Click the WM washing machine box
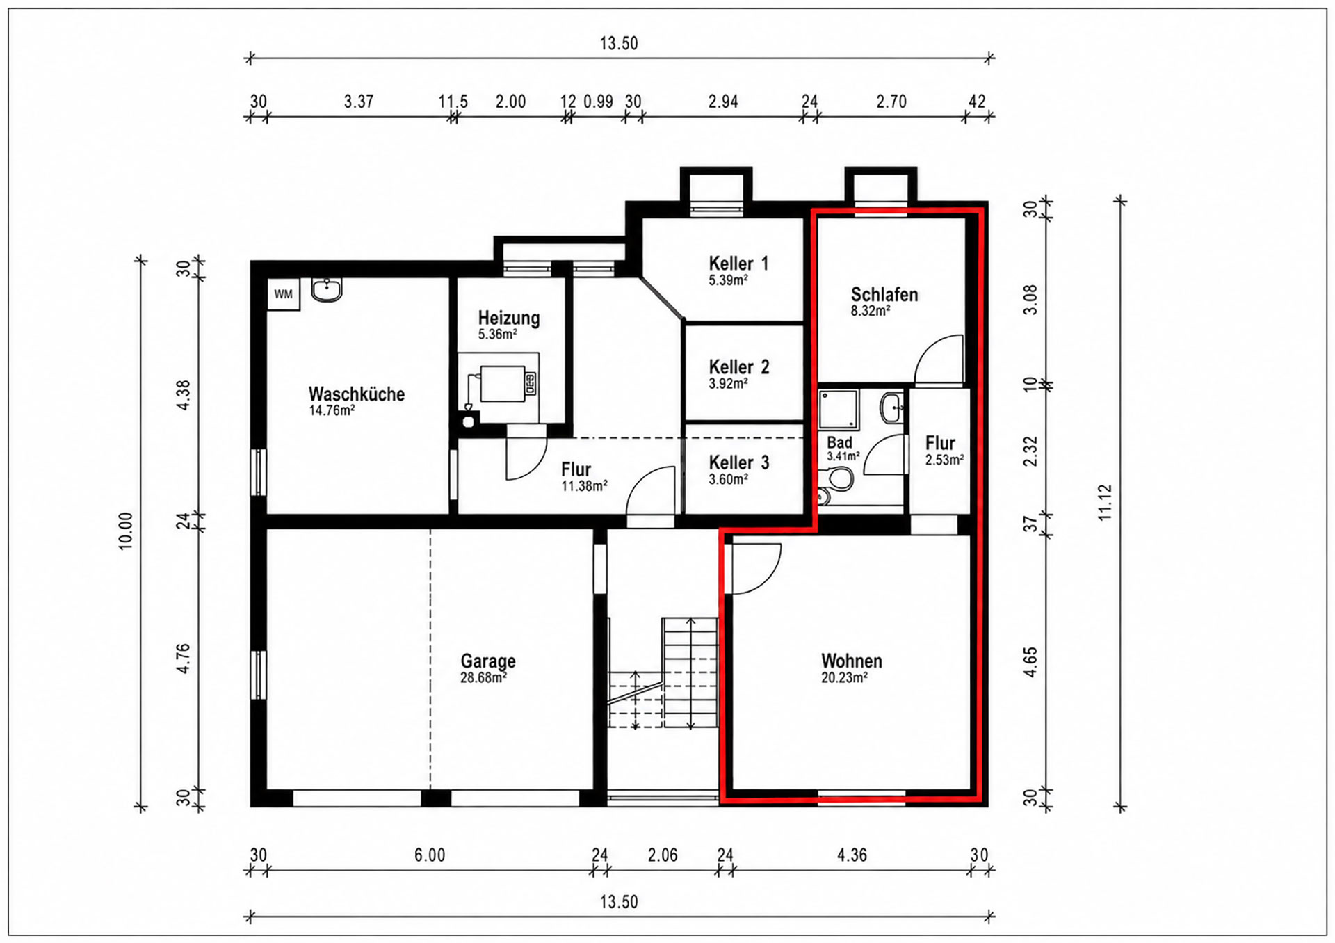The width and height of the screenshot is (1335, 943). [x=284, y=294]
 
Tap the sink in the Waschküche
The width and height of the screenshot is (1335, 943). [x=327, y=290]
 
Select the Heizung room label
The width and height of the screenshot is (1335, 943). [x=509, y=318]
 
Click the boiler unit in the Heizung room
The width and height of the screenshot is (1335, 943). [x=503, y=383]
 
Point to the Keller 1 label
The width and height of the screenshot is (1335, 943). [x=738, y=264]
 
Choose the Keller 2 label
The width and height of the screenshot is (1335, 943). [x=739, y=366]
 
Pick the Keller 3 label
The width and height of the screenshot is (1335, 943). [x=739, y=462]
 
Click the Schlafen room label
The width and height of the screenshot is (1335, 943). [x=884, y=294]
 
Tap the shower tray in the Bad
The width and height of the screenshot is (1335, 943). [x=839, y=409]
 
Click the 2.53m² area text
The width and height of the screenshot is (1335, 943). [x=944, y=460]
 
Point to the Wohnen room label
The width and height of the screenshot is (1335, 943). [x=852, y=661]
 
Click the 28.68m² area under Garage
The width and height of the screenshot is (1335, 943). [x=483, y=677]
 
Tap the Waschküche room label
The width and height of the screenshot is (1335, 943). [x=357, y=394]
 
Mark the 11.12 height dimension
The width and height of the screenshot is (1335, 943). [x=1106, y=503]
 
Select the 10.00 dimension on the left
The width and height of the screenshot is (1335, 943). [x=126, y=531]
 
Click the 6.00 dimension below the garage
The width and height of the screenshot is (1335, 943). [x=430, y=855]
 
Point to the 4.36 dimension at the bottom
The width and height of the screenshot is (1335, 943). [x=852, y=855]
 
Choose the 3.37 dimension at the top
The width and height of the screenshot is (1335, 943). [x=359, y=102]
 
